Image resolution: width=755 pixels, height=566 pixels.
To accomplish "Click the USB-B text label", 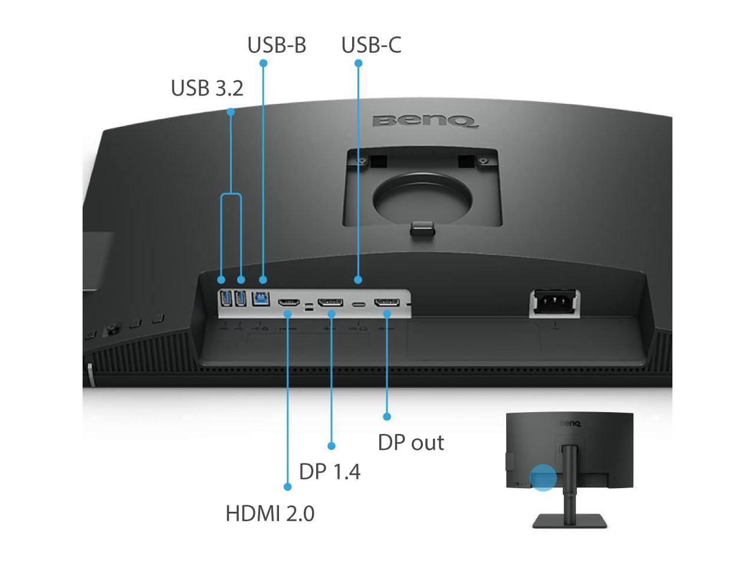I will click(x=277, y=45).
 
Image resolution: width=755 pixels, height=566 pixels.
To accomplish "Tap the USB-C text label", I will click(x=371, y=45).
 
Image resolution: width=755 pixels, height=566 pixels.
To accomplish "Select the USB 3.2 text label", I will click(x=207, y=88).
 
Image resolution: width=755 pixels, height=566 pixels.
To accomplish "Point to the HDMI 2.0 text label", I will click(x=270, y=514).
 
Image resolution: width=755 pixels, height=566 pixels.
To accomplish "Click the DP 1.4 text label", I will click(x=330, y=472).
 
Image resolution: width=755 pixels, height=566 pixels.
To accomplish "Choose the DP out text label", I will click(x=411, y=443).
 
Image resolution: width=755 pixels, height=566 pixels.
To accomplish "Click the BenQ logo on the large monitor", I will click(x=425, y=121).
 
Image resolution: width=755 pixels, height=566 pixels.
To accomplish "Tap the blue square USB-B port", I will click(x=261, y=298).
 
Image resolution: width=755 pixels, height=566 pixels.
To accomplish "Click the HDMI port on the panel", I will click(x=289, y=303).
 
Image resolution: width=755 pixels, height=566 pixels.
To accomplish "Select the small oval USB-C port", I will click(x=359, y=305).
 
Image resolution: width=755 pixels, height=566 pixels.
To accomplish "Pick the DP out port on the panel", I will click(x=387, y=303).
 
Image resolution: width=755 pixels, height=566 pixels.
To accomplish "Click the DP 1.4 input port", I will click(x=330, y=303).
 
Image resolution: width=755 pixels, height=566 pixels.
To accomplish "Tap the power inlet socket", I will click(x=554, y=302).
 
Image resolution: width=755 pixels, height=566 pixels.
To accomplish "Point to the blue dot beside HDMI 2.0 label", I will click(x=287, y=487).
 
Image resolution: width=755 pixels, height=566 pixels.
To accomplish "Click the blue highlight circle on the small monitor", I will click(x=543, y=477).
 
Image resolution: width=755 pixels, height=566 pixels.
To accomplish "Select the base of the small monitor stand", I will click(x=569, y=521).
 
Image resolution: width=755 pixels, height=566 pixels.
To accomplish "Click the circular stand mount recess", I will click(x=423, y=201).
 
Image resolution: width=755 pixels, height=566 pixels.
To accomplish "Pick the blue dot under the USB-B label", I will click(x=263, y=63).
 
